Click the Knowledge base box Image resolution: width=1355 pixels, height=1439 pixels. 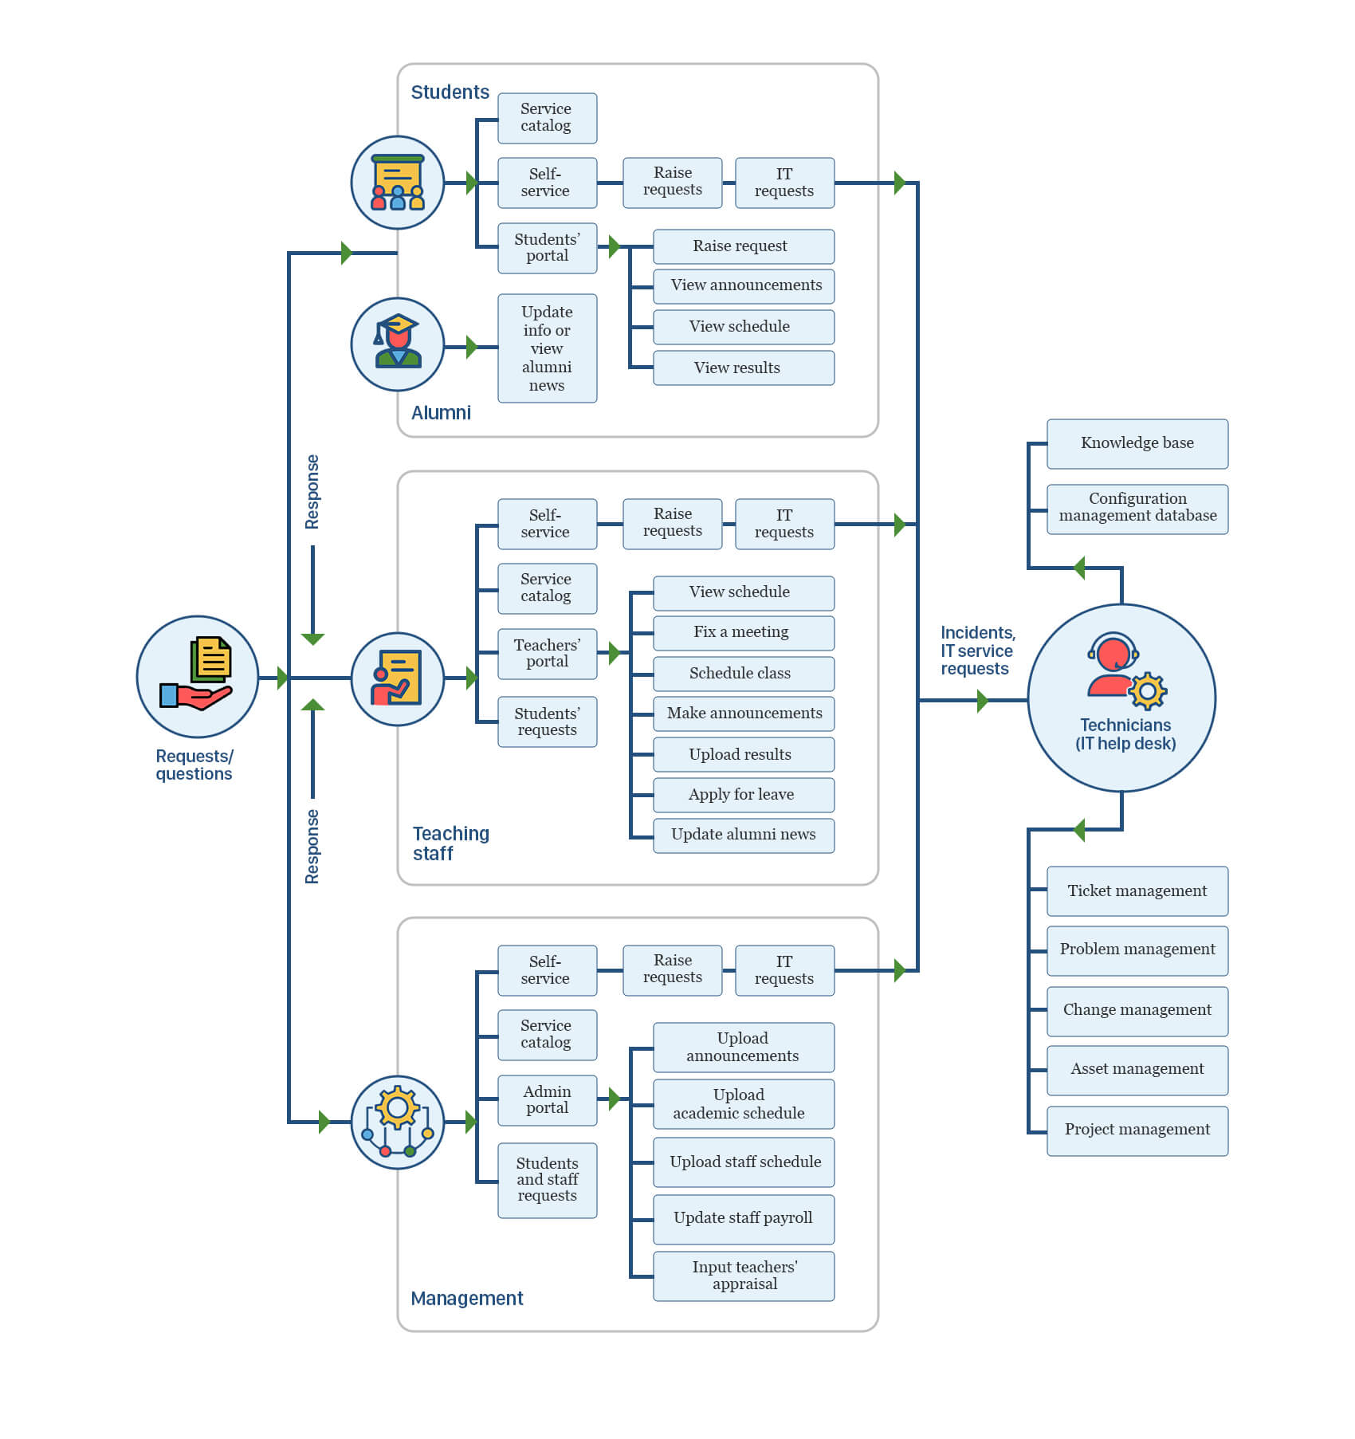1137,443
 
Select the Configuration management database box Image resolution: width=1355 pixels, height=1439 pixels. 1137,509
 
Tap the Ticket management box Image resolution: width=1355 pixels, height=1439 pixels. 1137,891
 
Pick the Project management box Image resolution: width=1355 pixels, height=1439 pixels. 1137,1130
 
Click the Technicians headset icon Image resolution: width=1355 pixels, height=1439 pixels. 1125,670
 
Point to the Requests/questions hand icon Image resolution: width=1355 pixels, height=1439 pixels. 197,676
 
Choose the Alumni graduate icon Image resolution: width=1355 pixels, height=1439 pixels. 397,344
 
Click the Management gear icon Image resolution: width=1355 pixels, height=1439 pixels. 397,1122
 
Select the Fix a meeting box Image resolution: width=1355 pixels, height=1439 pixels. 743,632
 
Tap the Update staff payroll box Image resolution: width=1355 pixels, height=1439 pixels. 743,1218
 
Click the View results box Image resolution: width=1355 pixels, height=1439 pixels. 743,368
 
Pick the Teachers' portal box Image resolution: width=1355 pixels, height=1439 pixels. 547,654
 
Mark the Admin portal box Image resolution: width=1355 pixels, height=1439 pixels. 547,1100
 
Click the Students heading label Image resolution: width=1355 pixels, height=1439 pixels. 450,92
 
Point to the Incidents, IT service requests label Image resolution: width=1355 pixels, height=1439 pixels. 977,651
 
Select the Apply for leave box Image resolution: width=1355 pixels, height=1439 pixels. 743,794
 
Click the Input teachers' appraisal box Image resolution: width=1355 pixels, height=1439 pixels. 743,1276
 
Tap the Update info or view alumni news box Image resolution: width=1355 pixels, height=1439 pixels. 547,348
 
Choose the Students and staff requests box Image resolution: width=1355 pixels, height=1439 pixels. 547,1180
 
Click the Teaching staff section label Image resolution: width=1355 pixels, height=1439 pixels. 450,843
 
